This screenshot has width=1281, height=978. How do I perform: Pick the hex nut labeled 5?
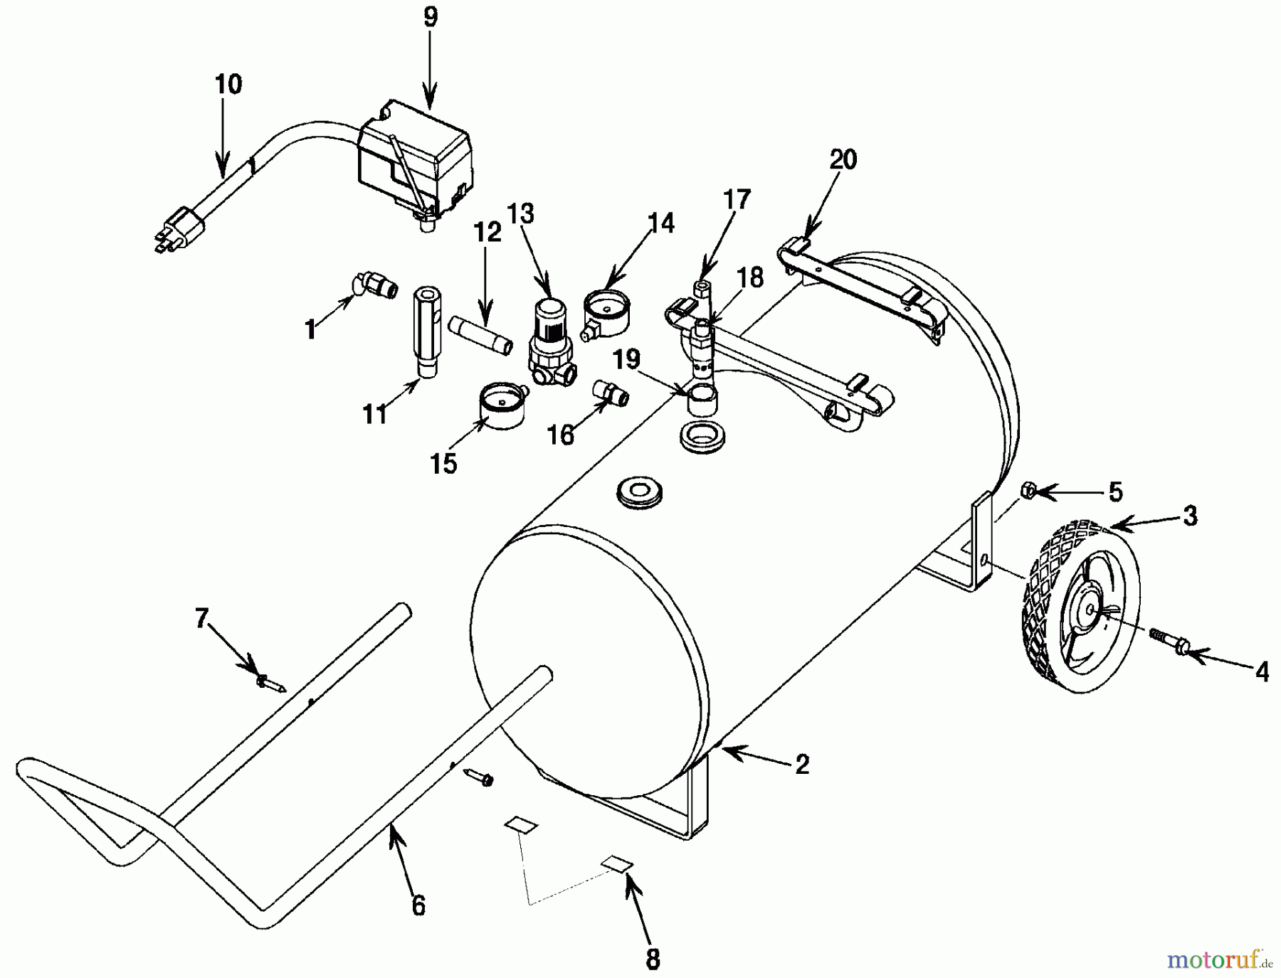point(1027,490)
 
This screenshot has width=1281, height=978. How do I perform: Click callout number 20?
point(843,159)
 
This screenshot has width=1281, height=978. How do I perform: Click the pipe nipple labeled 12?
point(481,336)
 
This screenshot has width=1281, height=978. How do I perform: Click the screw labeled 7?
point(271,684)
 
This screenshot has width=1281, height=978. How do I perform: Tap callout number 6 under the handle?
point(418,905)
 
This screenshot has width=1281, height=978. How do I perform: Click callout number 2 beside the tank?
point(802,765)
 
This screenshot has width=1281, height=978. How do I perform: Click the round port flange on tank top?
point(640,491)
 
